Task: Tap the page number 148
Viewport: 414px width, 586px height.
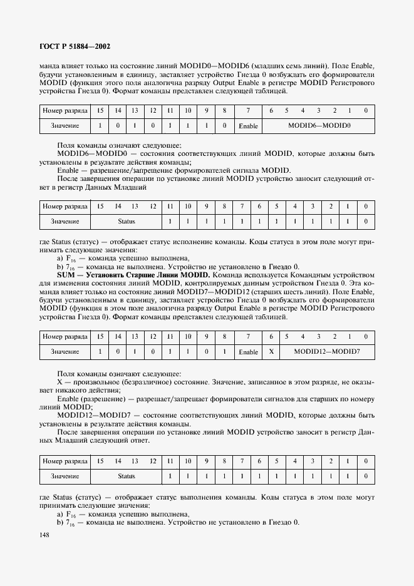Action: pyautogui.click(x=44, y=535)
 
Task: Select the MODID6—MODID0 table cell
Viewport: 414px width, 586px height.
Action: pyautogui.click(x=319, y=126)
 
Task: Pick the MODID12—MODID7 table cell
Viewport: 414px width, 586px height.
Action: pyautogui.click(x=327, y=352)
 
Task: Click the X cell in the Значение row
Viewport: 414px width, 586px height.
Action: pyautogui.click(x=271, y=352)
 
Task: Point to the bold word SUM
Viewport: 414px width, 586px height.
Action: pyautogui.click(x=66, y=275)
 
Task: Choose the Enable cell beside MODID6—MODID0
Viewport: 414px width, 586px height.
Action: pyautogui.click(x=249, y=126)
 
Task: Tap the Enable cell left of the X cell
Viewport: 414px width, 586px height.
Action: pyautogui.click(x=249, y=352)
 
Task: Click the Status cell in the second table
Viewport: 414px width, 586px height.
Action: pyautogui.click(x=127, y=222)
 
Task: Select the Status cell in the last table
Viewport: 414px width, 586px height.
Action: pyautogui.click(x=127, y=476)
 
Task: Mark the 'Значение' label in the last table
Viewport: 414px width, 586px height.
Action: pyautogui.click(x=65, y=476)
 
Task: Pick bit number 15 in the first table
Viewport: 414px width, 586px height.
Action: pyautogui.click(x=100, y=111)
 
